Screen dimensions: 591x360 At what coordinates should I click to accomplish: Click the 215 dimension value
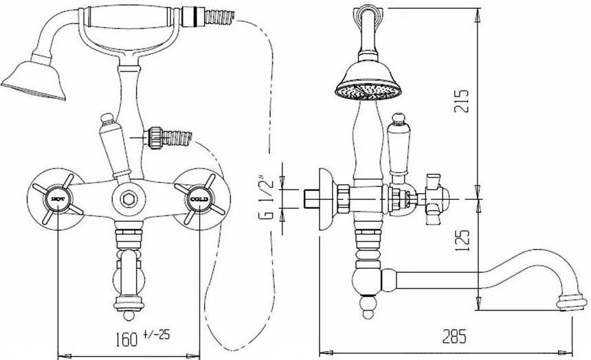pos(461,101)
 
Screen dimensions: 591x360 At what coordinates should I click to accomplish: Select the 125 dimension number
pos(462,240)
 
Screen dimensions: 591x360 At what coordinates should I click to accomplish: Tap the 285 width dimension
pos(454,336)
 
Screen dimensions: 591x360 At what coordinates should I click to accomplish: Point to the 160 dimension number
pos(126,339)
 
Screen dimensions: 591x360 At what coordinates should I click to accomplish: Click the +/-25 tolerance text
pos(157,334)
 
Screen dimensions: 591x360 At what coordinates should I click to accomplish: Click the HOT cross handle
pos(57,199)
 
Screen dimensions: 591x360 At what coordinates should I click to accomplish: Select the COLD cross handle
pos(199,199)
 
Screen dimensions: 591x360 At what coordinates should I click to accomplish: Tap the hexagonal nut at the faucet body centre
pos(129,198)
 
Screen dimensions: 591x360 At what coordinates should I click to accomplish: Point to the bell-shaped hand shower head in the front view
pos(34,79)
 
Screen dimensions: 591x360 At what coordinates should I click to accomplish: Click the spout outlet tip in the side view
pos(572,303)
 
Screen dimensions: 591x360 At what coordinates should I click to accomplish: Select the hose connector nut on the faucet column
pos(154,138)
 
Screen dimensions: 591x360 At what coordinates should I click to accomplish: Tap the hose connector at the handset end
pos(192,16)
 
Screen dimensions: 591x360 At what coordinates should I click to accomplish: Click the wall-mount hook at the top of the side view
pos(368,12)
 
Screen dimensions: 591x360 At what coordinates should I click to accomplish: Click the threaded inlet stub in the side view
pos(311,199)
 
